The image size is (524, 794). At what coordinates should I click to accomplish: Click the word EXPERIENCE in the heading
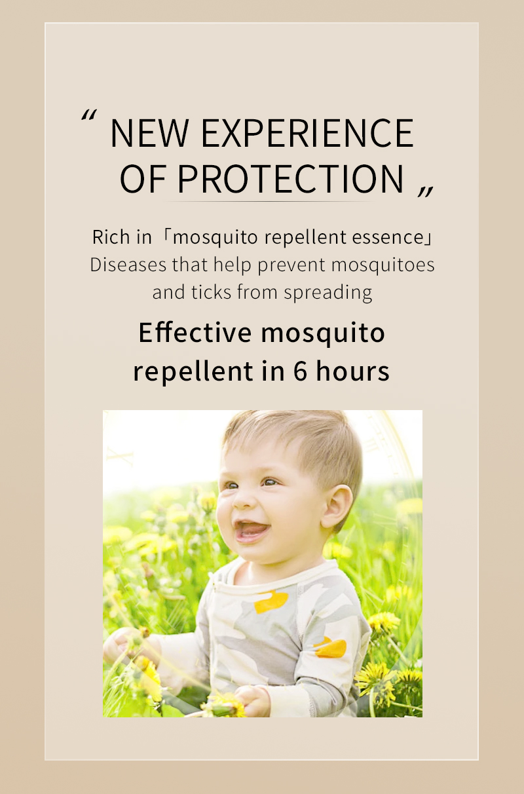[307, 133]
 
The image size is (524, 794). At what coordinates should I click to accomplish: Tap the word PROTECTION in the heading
[291, 179]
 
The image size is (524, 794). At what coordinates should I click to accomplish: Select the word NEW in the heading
[149, 133]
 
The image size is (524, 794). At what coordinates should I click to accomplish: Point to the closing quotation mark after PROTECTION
[426, 189]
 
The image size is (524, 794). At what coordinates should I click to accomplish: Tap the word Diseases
[127, 265]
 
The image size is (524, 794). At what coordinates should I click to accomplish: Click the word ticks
[211, 292]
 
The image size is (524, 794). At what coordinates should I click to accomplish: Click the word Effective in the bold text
[195, 333]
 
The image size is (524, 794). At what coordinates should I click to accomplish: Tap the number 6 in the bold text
[300, 371]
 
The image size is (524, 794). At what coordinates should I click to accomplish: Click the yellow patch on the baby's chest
[271, 601]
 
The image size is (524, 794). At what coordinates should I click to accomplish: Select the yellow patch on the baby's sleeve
[330, 647]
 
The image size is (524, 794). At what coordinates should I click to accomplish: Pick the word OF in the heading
[144, 179]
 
